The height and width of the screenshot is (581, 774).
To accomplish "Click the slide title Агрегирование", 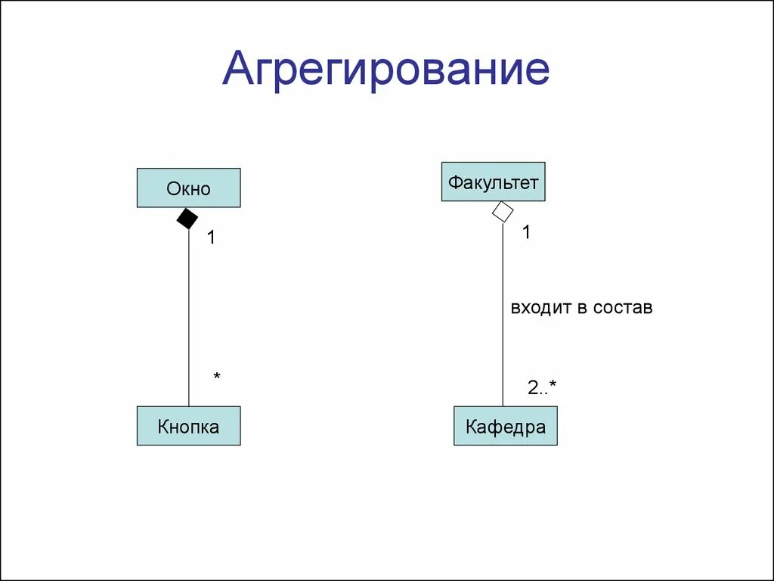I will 385,70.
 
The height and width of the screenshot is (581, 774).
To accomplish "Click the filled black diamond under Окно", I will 187,219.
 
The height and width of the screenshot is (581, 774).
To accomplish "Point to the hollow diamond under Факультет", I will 503,212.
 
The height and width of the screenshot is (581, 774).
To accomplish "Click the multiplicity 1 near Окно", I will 212,238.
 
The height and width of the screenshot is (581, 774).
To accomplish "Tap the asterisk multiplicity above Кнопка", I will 216,376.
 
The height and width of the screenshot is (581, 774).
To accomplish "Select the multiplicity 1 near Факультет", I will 526,233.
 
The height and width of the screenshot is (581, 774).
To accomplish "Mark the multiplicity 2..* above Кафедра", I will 542,388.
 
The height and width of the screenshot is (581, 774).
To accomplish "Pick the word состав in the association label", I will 623,308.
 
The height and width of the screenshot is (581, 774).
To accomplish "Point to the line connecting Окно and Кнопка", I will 188,318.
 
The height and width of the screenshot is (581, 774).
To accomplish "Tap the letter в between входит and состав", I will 583,308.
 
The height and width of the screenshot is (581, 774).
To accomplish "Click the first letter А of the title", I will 237,70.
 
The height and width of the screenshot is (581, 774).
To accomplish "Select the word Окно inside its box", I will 188,188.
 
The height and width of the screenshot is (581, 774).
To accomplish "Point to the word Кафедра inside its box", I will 505,427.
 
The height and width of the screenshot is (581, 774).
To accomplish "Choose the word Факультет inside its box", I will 493,182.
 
